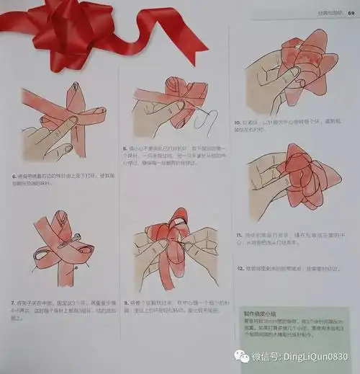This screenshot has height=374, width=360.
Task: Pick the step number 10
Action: (238, 123)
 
